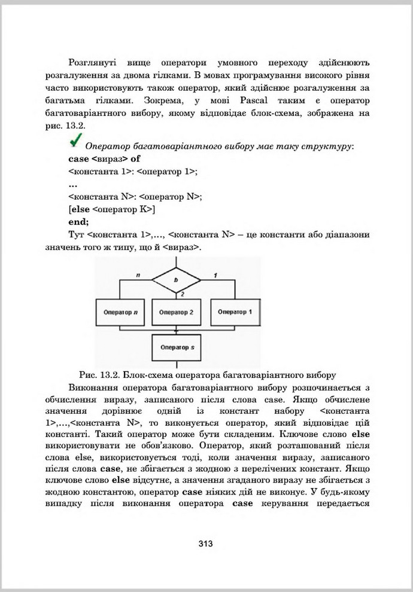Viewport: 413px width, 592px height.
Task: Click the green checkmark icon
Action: pos(76,142)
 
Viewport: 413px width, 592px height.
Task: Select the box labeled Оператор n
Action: pos(119,313)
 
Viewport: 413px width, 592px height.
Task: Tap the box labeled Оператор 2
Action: pos(176,313)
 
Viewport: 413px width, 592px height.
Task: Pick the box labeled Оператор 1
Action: pos(235,312)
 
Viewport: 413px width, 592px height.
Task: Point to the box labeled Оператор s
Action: pos(176,347)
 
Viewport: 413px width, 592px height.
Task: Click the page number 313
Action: pos(206,544)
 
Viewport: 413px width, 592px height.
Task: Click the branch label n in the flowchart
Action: pos(138,275)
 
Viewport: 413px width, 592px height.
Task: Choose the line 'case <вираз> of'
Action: pos(104,159)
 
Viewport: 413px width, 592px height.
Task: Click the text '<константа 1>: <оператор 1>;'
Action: pos(133,171)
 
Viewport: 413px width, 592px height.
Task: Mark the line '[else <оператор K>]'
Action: pos(112,208)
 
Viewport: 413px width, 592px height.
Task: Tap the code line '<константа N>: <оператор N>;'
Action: pos(135,196)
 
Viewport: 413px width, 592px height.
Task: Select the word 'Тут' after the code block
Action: pos(77,234)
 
